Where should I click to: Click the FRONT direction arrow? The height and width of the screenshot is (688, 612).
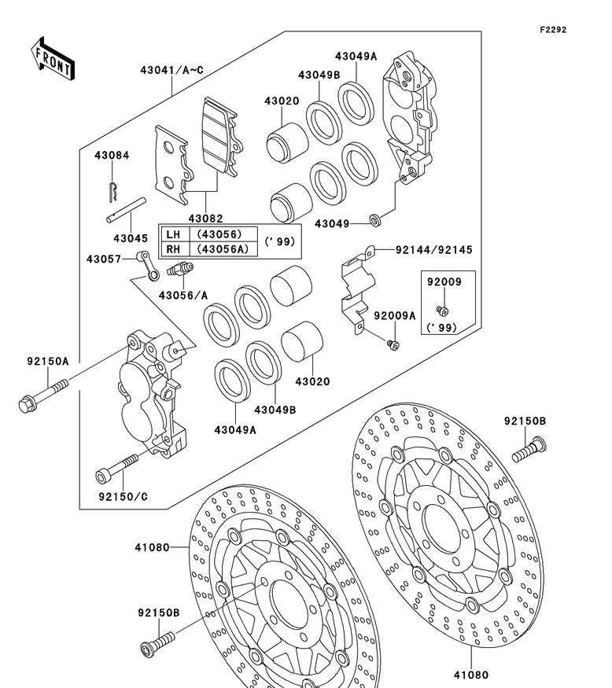click(53, 57)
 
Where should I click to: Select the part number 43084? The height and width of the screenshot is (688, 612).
click(112, 155)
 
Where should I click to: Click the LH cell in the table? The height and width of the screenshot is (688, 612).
click(174, 234)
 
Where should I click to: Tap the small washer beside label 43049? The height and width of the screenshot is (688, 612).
click(377, 219)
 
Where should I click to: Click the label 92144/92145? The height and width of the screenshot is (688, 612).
click(423, 250)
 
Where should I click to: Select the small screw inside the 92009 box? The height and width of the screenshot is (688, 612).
click(442, 310)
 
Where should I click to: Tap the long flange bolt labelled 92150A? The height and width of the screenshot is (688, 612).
click(42, 396)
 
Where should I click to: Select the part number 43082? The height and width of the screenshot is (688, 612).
click(205, 218)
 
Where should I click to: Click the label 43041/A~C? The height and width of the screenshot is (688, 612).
click(172, 71)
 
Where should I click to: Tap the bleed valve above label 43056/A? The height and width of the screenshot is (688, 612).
click(179, 270)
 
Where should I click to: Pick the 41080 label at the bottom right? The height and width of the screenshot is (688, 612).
click(470, 674)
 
